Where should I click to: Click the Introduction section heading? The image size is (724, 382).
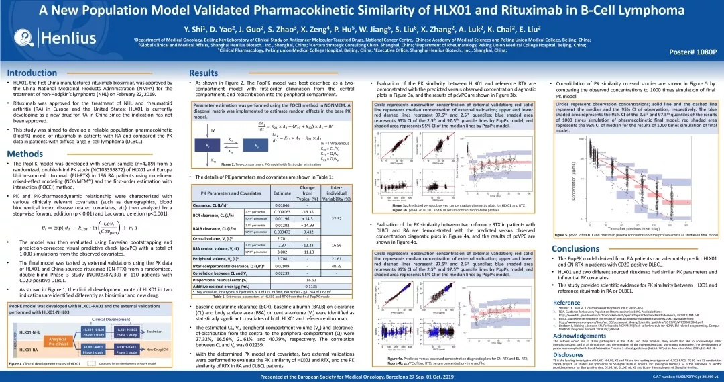coord(32,73)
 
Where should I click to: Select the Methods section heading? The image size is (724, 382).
coord(25,154)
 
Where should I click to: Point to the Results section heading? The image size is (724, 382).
coord(203,73)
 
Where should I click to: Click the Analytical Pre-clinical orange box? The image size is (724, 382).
coord(58,340)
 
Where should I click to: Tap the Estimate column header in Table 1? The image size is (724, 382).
coord(283,193)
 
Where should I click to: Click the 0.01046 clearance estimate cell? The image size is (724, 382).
coord(283,204)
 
